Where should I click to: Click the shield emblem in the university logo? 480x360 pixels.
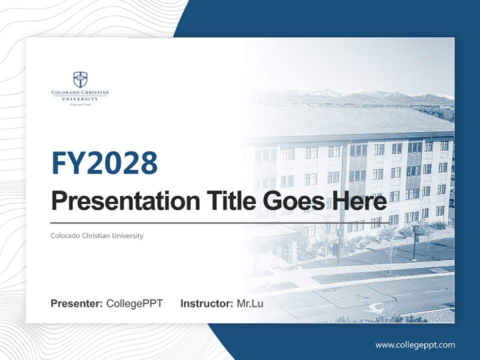80,79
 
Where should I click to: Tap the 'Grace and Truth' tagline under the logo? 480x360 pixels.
80,104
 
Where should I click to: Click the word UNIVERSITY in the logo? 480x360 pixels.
80,99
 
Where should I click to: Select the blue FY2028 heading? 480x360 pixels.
104,163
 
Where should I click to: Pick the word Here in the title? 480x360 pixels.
358,201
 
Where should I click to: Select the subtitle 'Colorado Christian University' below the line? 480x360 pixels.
97,235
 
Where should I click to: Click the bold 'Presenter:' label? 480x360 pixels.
77,303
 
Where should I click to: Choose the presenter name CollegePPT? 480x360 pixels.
134,303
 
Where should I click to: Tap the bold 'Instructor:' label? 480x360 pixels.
206,303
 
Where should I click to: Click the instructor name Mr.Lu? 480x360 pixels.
249,303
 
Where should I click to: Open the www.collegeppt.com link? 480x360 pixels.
415,344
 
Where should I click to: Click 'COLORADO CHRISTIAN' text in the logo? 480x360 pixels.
80,93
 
